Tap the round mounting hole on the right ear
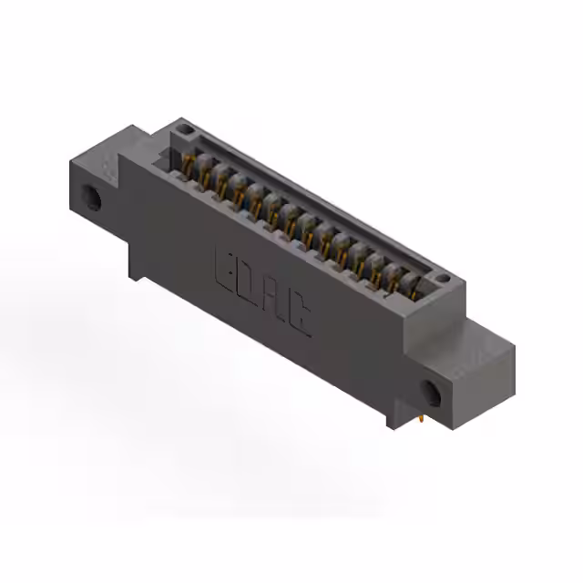[x=430, y=394]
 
